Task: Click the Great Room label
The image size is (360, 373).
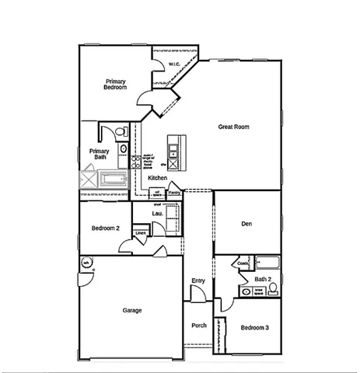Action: [x=233, y=127]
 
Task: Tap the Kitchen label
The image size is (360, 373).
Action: [x=158, y=179]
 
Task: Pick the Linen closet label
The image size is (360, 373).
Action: [x=141, y=232]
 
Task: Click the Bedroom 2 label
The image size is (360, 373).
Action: [x=105, y=228]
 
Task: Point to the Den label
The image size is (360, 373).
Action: [x=246, y=224]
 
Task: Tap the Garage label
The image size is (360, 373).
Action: [x=131, y=310]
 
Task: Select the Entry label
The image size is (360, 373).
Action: [x=197, y=281]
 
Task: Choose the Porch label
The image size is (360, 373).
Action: [x=199, y=326]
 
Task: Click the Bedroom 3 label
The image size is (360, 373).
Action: [x=254, y=328]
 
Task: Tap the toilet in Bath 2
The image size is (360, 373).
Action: [x=273, y=288]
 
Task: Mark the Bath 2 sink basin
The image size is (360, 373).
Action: [x=246, y=292]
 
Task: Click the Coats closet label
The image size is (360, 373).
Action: [x=243, y=264]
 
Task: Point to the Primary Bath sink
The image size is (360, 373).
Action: [x=123, y=148]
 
